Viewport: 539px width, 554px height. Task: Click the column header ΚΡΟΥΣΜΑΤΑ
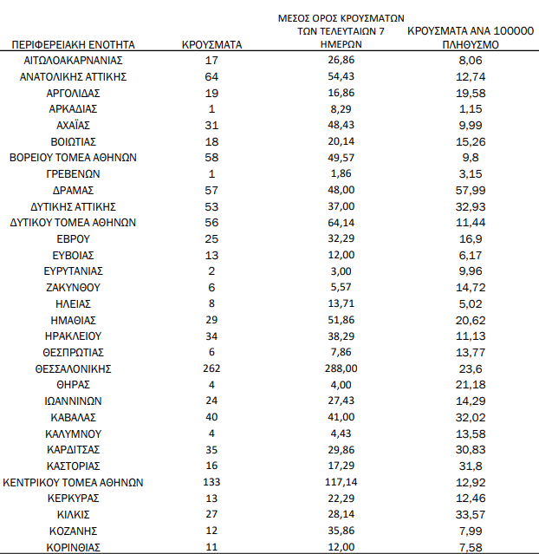(x=212, y=42)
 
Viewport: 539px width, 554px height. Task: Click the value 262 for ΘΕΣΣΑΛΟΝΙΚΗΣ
(x=212, y=368)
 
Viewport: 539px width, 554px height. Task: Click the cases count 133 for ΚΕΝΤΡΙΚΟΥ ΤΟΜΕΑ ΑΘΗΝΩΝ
(x=212, y=482)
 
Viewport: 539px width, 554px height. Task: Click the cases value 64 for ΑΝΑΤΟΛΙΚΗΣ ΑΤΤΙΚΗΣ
(x=212, y=76)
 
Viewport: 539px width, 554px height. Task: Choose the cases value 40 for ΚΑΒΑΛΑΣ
(x=212, y=417)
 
